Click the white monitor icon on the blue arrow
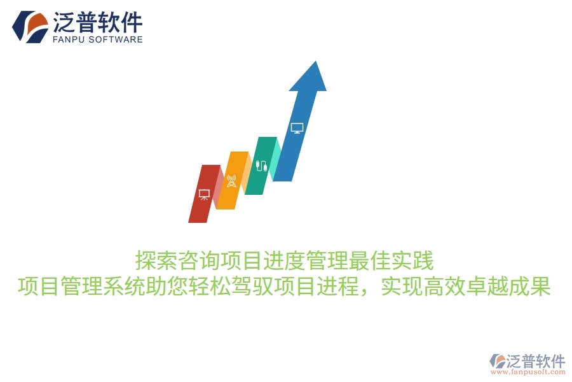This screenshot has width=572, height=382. point(297,128)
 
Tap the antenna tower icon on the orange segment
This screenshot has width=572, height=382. point(231,181)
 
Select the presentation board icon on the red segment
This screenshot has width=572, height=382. point(205,194)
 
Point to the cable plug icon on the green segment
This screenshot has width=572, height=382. point(261,166)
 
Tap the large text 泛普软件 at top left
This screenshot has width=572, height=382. point(97,22)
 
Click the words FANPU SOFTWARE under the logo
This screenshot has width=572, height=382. point(97,39)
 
